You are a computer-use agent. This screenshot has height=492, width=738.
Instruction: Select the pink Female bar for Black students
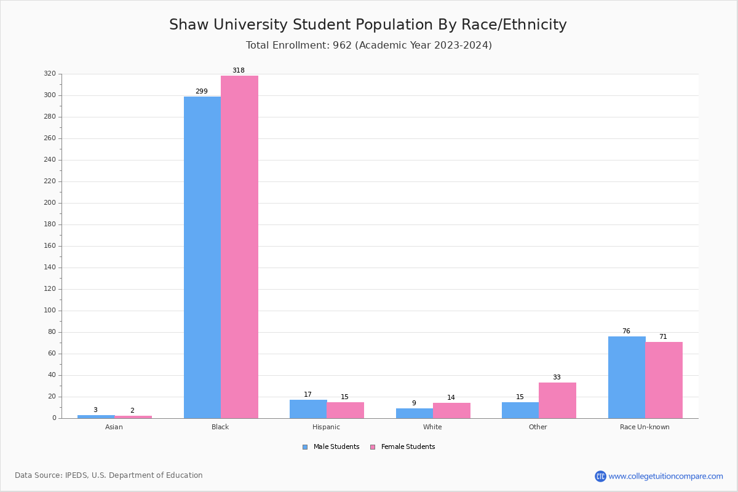point(239,247)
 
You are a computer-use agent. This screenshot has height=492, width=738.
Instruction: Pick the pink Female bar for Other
point(557,400)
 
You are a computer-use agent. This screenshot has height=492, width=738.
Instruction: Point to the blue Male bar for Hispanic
point(308,409)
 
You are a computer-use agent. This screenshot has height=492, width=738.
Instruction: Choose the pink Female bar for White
point(451,410)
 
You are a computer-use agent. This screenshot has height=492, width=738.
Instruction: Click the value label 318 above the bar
point(239,70)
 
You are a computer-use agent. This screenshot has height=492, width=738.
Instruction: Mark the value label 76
point(626,331)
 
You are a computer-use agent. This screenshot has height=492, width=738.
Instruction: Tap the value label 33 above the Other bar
point(557,377)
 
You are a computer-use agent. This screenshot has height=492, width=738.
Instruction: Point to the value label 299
point(202,91)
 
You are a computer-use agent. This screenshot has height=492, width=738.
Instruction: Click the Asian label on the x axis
point(114,427)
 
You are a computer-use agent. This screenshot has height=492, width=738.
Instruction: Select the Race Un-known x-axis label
point(645,427)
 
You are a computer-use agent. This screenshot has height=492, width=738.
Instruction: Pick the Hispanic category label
point(326,427)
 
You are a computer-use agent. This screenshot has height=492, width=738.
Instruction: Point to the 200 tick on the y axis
point(50,203)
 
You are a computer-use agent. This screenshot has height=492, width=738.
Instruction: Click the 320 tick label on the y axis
point(50,74)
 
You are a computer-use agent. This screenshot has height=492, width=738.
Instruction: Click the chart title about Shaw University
point(368,25)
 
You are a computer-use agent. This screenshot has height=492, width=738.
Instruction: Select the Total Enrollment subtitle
point(369,45)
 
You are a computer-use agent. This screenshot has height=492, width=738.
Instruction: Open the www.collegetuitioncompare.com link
point(665,476)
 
